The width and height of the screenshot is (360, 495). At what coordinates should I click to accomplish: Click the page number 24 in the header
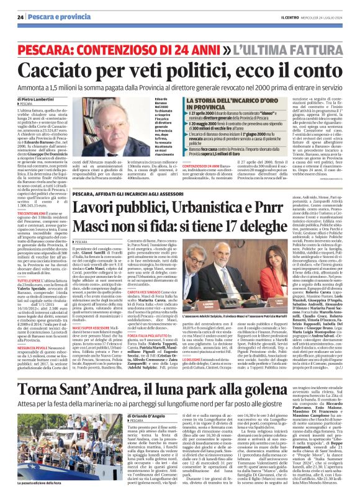[20, 17]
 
